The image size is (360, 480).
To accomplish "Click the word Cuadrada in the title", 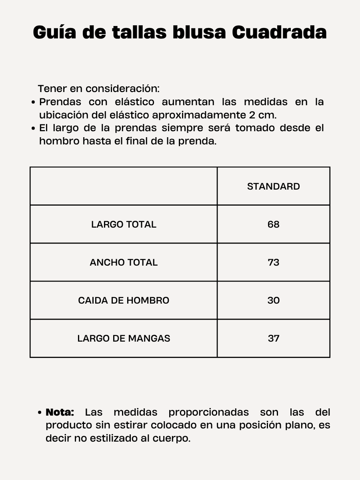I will (x=279, y=32).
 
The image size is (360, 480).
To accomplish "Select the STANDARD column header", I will (x=274, y=186).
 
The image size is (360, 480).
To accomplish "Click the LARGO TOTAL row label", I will (x=124, y=224).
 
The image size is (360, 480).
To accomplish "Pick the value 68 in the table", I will (x=274, y=224).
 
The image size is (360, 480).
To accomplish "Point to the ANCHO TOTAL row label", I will (x=124, y=262).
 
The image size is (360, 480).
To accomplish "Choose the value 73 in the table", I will (x=274, y=262).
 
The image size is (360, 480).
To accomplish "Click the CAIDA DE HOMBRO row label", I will (x=124, y=300).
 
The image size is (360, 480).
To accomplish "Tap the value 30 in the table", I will (x=274, y=300).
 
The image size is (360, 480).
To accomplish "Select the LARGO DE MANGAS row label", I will (x=124, y=338).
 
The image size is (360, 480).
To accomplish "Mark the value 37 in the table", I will (x=274, y=338).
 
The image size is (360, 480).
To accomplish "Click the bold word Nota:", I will (x=60, y=412).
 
